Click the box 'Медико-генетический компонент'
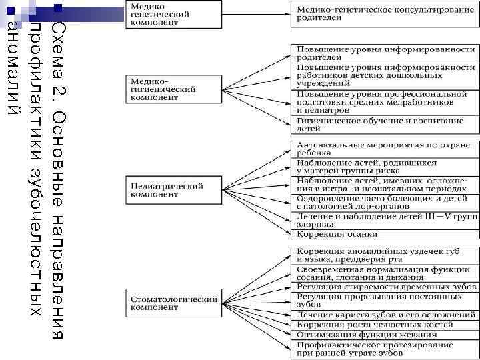tap(173, 13)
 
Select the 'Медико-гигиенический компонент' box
tap(173, 87)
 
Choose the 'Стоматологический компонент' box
tap(173, 303)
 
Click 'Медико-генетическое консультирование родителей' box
tap(385, 13)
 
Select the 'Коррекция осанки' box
tap(385, 234)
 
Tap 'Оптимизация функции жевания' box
tap(385, 335)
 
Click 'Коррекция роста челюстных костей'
tap(385, 325)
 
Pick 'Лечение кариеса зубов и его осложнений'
tap(385, 315)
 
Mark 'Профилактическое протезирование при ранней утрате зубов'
tap(385, 348)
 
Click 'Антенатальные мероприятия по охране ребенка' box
tap(385, 148)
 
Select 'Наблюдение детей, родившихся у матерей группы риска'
tap(385, 167)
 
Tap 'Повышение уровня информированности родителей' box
tap(385, 53)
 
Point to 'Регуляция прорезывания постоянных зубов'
tap(385, 300)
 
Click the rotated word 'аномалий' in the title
tap(11, 67)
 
